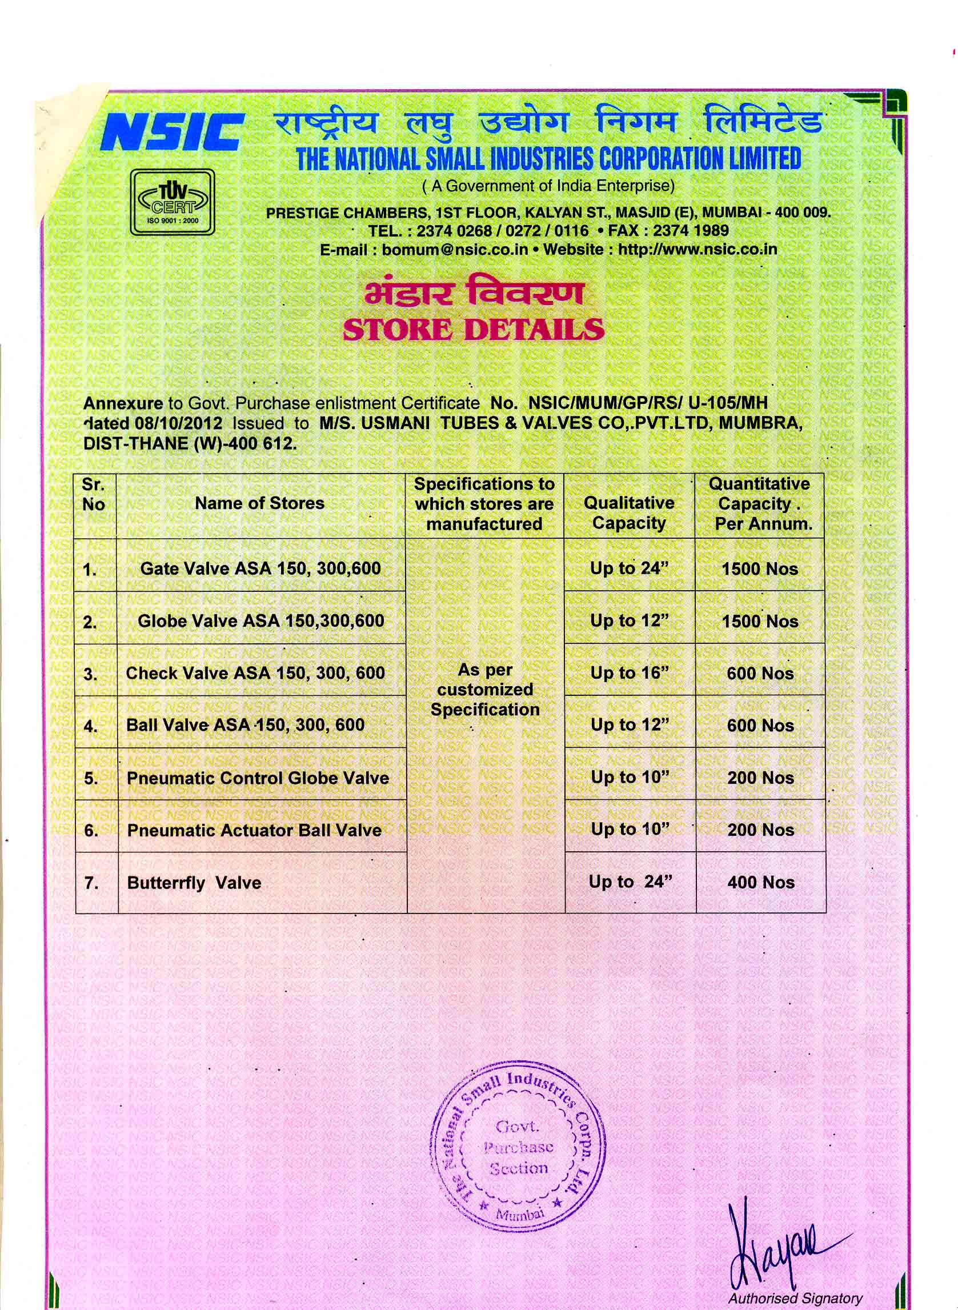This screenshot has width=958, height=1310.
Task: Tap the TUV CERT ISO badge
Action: click(171, 202)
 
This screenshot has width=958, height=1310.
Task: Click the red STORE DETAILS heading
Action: click(473, 330)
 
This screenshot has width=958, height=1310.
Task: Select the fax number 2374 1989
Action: click(691, 231)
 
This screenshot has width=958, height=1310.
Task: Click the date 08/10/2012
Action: click(180, 423)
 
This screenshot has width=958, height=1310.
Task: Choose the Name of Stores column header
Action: click(259, 503)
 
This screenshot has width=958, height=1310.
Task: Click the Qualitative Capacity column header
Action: click(629, 513)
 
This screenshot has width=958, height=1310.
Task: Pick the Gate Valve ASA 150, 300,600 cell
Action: click(260, 568)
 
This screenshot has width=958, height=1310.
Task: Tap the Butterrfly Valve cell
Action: click(194, 883)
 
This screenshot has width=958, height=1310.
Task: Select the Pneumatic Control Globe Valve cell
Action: click(258, 778)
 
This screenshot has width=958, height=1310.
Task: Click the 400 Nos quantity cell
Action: click(761, 883)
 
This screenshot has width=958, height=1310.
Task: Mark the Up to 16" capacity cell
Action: click(630, 673)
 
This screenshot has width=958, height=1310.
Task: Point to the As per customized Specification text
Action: click(485, 690)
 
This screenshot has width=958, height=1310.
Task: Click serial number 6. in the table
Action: click(91, 831)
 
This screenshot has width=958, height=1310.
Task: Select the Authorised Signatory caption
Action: click(795, 1299)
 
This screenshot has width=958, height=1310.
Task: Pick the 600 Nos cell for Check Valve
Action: click(760, 674)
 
